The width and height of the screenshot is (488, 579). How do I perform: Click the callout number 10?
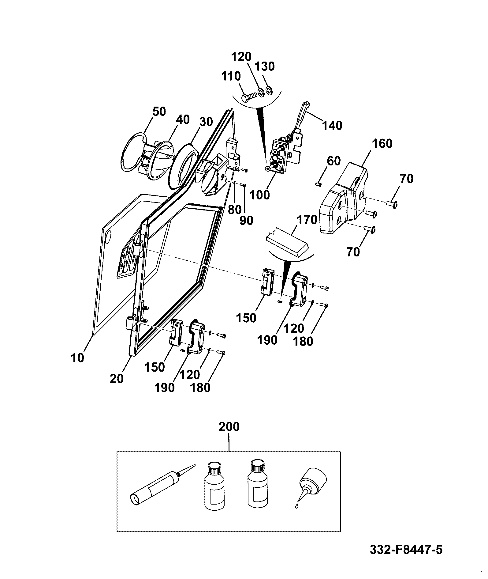[x=77, y=358]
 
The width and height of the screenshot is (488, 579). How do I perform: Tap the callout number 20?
[x=117, y=379]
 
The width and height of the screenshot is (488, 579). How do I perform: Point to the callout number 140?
[x=332, y=125]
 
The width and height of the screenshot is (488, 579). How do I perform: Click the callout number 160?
[x=382, y=143]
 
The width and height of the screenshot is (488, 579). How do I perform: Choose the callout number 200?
[x=229, y=427]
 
